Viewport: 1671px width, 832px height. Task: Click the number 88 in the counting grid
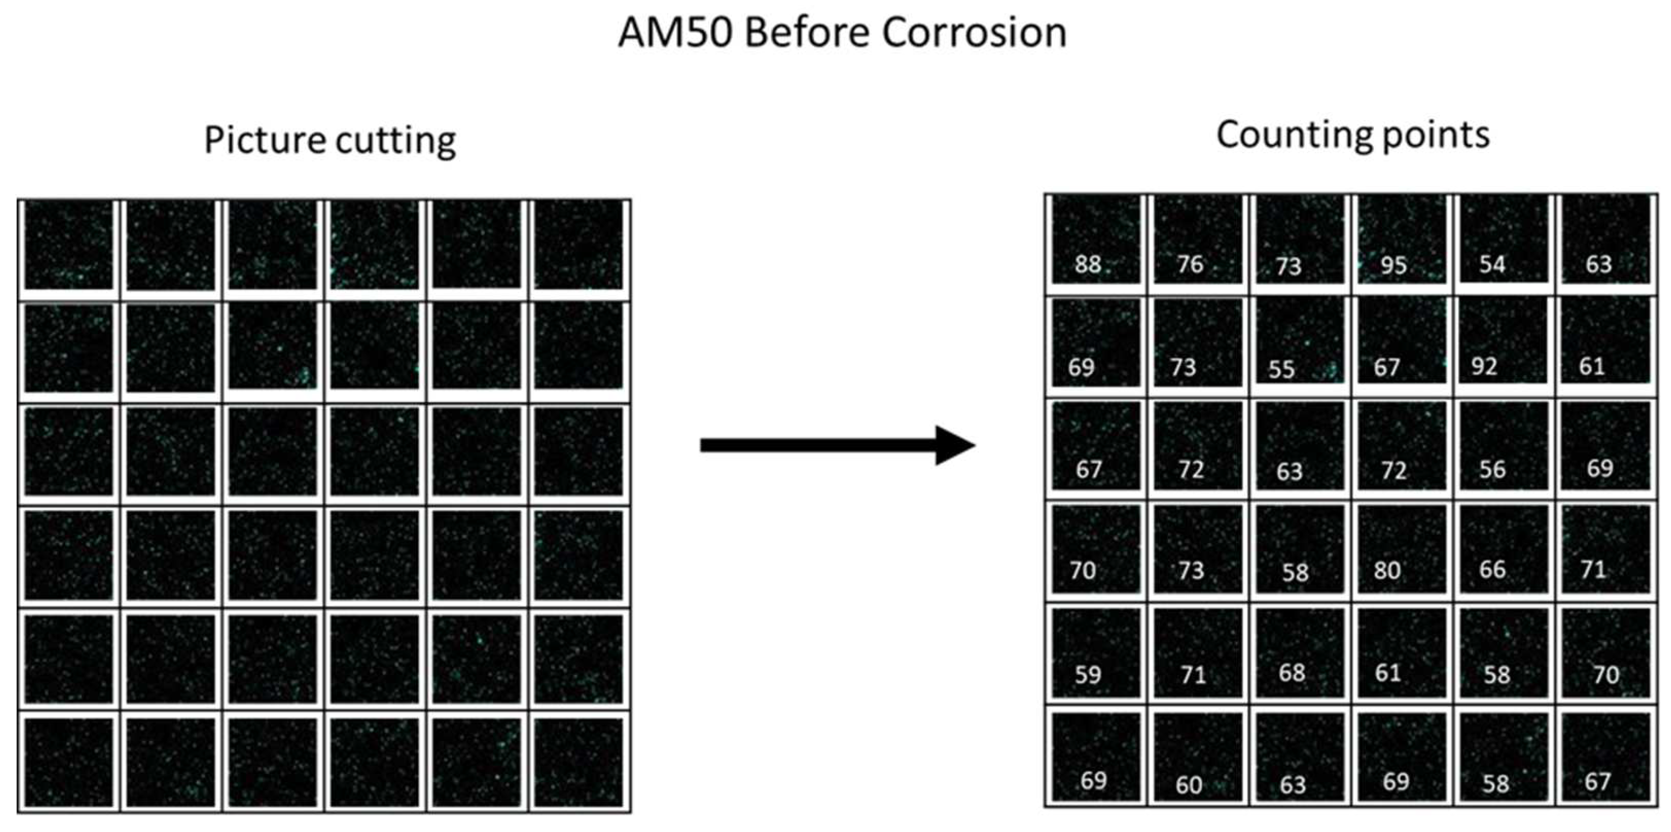pos(1088,264)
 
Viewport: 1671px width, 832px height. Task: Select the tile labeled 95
pos(1394,265)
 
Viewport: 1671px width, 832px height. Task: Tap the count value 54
pos(1492,264)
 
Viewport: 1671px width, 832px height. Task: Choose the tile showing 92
pos(1484,366)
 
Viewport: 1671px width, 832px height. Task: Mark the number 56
pos(1492,469)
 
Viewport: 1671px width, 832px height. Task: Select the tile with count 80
pos(1387,570)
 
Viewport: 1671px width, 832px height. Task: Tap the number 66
pos(1492,569)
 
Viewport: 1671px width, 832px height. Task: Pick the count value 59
pos(1088,674)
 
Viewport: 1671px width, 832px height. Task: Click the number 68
pos(1291,672)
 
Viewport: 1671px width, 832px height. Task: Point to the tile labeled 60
pos(1188,784)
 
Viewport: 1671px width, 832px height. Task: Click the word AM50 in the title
pos(675,32)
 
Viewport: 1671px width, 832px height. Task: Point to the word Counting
pos(1293,136)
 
